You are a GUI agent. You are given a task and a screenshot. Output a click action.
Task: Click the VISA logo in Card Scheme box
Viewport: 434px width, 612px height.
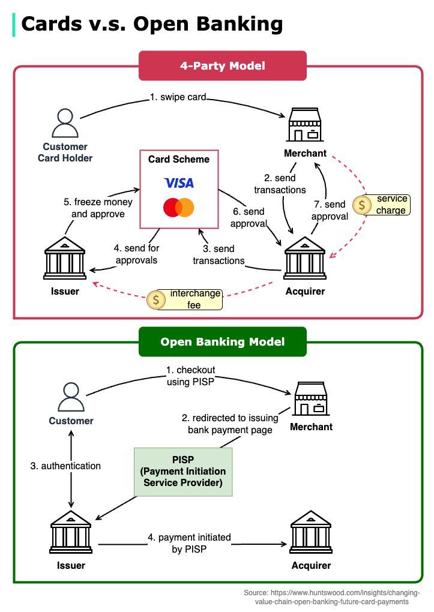[x=179, y=182]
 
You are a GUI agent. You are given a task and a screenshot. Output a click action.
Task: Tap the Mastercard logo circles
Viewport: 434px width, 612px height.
[x=179, y=208]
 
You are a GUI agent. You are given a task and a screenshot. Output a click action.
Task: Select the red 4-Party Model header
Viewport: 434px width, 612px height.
[x=222, y=65]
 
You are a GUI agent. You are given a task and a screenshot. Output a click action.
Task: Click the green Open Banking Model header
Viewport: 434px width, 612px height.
[x=222, y=341]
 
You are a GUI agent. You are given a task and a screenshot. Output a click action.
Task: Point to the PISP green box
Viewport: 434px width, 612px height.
[x=182, y=471]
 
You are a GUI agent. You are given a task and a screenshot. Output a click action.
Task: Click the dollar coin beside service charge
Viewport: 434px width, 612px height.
[x=362, y=205]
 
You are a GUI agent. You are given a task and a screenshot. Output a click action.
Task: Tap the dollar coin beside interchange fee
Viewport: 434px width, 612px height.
[x=156, y=299]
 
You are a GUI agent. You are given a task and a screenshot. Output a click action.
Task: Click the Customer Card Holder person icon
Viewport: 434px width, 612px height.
[x=65, y=124]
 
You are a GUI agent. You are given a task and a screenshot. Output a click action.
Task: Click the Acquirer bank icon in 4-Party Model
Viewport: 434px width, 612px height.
[x=304, y=259]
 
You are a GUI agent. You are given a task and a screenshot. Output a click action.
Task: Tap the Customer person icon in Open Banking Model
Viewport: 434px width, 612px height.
[x=71, y=397]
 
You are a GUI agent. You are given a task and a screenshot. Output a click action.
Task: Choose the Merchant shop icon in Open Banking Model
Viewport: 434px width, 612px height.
[x=311, y=399]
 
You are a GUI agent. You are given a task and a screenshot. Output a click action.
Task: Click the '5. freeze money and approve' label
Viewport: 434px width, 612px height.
[x=98, y=208]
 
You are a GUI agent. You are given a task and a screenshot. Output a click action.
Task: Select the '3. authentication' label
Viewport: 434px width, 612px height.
[x=65, y=466]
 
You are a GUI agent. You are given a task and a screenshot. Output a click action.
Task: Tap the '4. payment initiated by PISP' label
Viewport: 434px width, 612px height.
[x=189, y=543]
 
